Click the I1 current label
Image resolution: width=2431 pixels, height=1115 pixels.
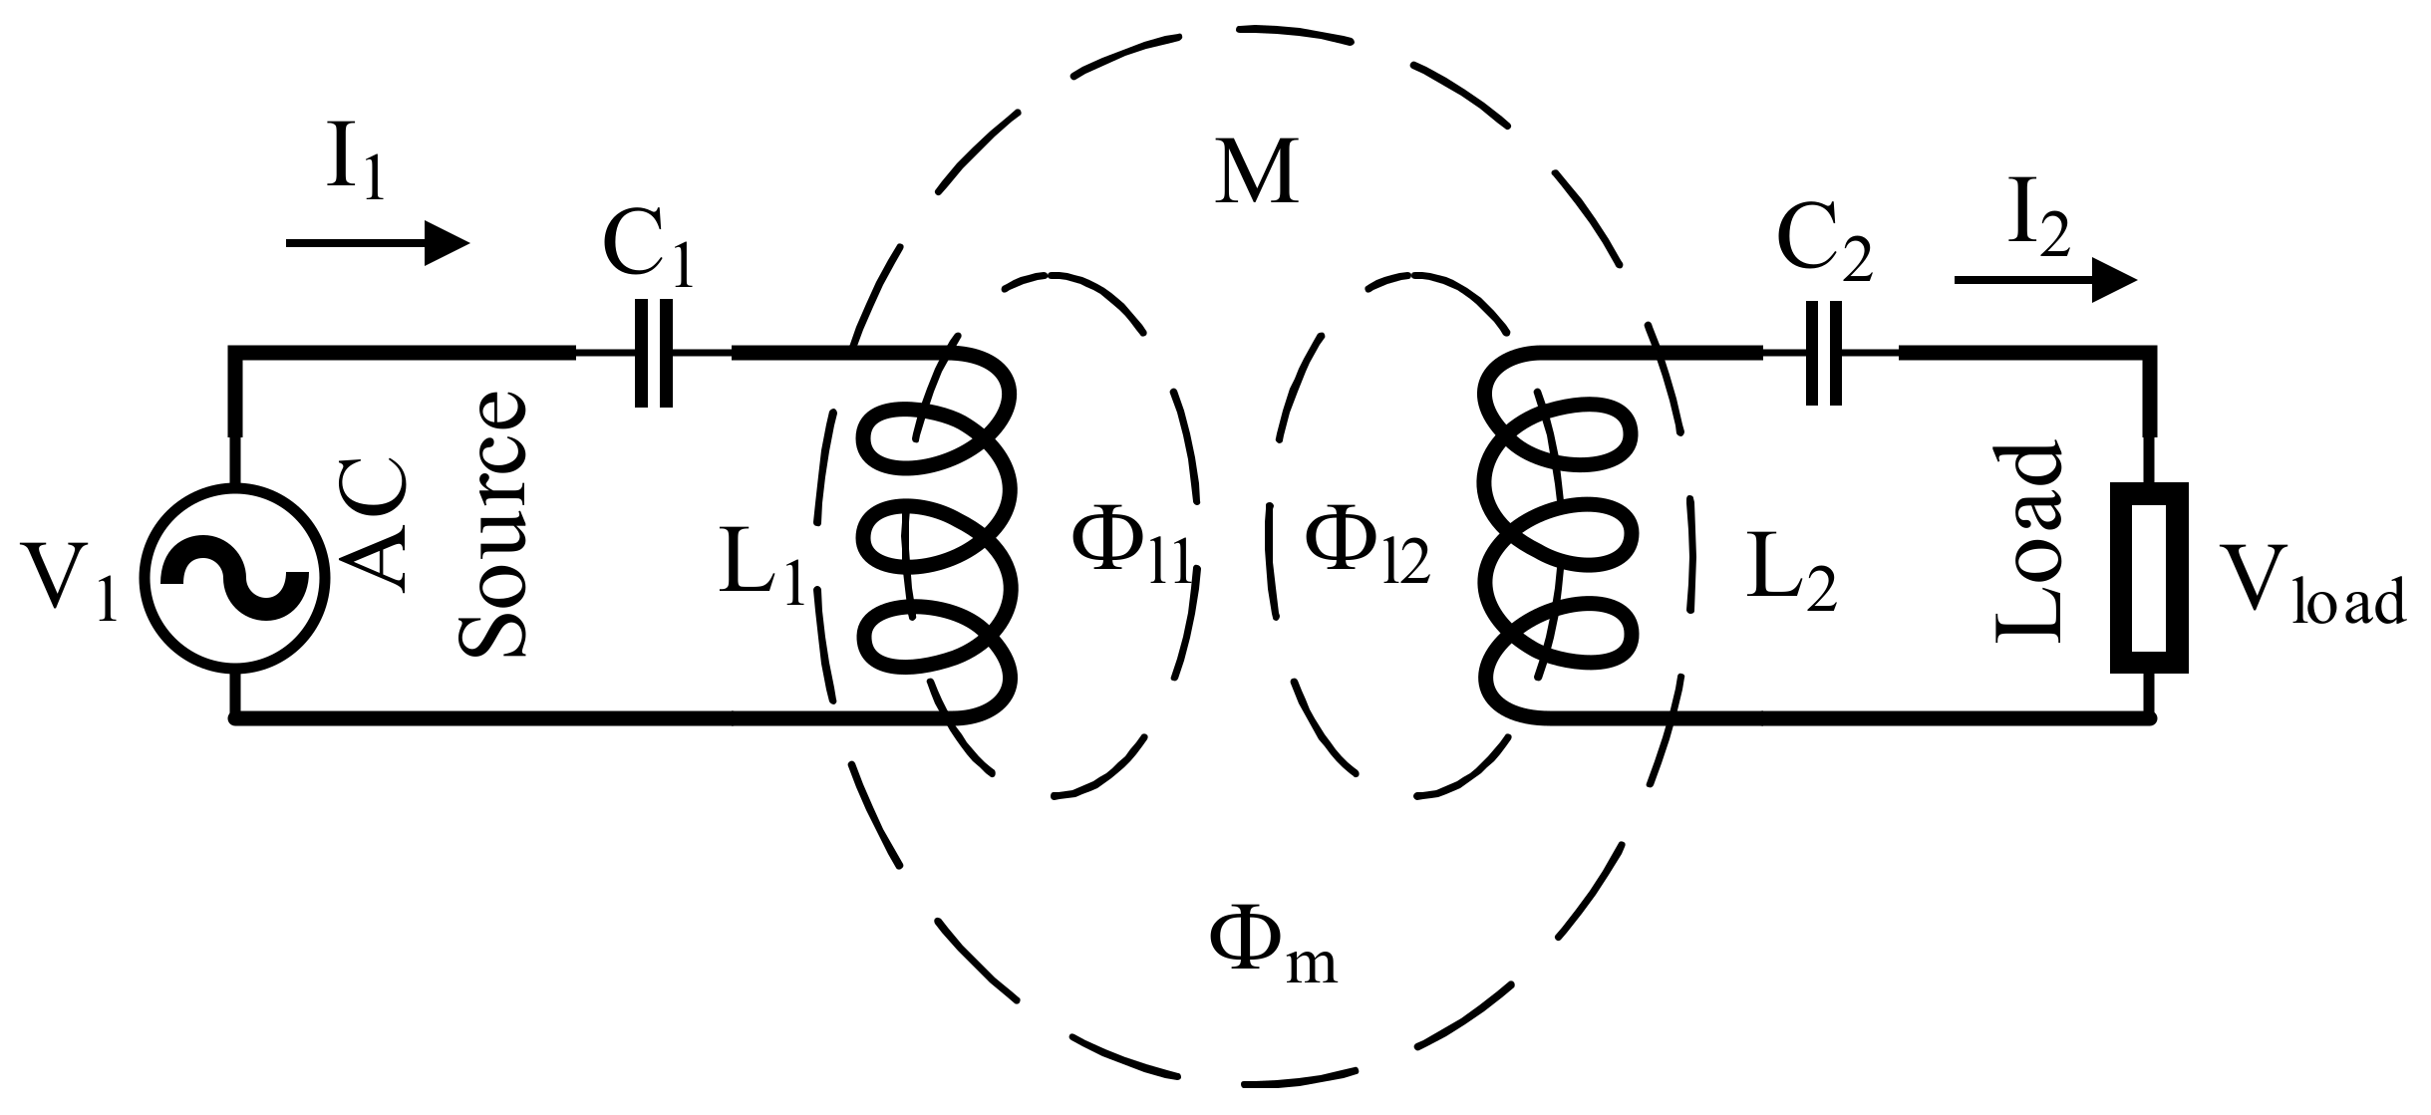pyautogui.click(x=355, y=164)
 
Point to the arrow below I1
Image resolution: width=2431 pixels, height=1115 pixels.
pyautogui.click(x=377, y=243)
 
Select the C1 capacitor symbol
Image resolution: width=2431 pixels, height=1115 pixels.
pyautogui.click(x=654, y=353)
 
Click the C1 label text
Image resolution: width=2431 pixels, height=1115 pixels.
pyautogui.click(x=647, y=251)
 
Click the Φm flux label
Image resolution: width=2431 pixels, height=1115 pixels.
pyautogui.click(x=1272, y=948)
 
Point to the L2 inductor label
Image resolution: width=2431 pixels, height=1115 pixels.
pyautogui.click(x=1790, y=577)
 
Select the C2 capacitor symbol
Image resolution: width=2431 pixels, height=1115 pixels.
pyautogui.click(x=1824, y=353)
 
